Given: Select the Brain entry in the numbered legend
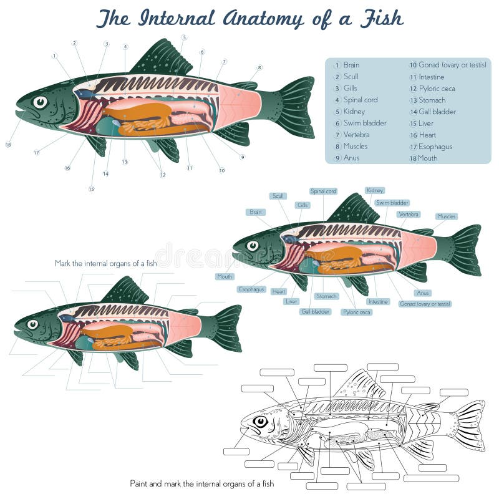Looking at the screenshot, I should click(x=351, y=65).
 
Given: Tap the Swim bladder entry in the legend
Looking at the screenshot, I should click(x=365, y=123).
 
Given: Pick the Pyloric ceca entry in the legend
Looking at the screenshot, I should click(x=437, y=89).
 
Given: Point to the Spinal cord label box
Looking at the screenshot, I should click(x=323, y=191).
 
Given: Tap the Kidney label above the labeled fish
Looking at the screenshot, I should click(x=375, y=190).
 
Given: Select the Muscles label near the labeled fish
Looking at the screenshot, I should click(x=447, y=216).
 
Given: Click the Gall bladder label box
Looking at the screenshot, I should click(x=316, y=311).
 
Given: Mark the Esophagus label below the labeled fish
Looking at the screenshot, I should click(x=252, y=289).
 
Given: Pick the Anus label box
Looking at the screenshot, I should click(x=423, y=293).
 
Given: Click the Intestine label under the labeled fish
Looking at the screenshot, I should click(x=378, y=301).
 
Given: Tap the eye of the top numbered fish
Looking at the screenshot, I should click(x=40, y=101).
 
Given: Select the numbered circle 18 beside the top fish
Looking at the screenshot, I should click(x=8, y=145).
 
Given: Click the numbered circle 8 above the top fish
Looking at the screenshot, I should click(x=259, y=67).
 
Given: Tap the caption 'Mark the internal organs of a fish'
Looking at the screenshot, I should click(x=106, y=263).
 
